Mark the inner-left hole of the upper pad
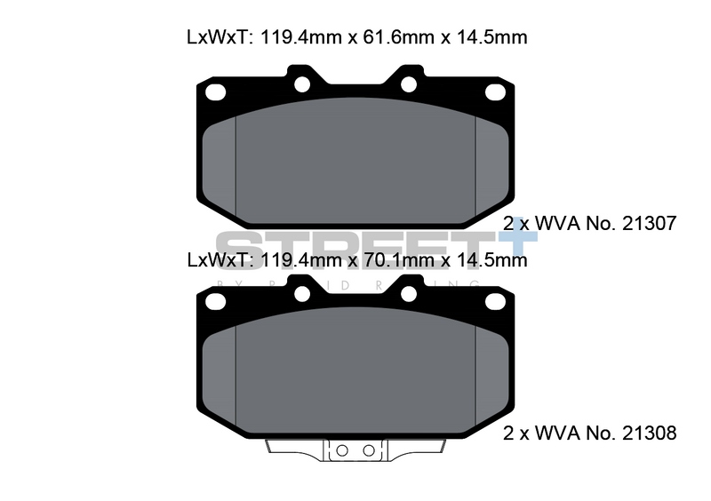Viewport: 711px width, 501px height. pyautogui.click(x=301, y=84)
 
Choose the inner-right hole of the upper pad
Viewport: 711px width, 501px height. pyautogui.click(x=409, y=84)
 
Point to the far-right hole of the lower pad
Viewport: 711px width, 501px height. pyautogui.click(x=494, y=301)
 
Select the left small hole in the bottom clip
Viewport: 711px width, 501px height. pyautogui.click(x=340, y=451)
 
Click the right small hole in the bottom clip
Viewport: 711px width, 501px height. pyautogui.click(x=367, y=451)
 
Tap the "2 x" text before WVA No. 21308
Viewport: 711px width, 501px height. pyautogui.click(x=518, y=433)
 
